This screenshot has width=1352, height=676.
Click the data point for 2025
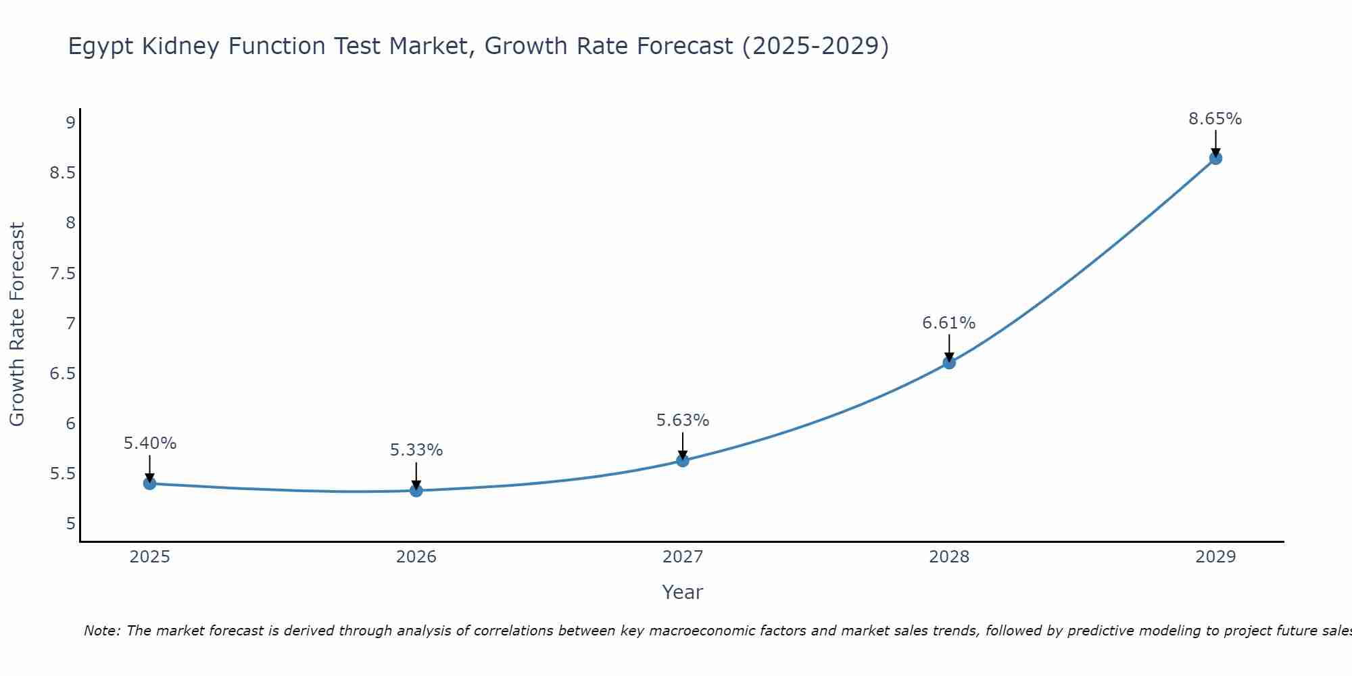(150, 483)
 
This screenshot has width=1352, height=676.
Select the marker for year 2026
(416, 490)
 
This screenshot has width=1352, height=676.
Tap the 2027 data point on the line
(683, 460)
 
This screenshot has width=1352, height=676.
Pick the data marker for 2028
(949, 362)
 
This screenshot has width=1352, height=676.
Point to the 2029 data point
(1215, 158)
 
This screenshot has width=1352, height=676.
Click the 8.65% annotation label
(1215, 119)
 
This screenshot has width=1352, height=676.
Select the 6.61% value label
(948, 323)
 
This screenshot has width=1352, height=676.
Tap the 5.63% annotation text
(682, 420)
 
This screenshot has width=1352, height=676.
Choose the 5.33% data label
(416, 450)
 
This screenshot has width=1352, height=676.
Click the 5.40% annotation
(149, 443)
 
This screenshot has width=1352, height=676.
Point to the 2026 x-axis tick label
(416, 557)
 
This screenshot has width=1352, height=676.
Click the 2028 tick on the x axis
(949, 557)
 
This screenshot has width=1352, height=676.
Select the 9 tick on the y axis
(70, 122)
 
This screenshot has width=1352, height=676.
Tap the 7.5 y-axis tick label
(62, 273)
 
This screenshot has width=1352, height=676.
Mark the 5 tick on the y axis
(70, 523)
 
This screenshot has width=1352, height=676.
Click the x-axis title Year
(682, 592)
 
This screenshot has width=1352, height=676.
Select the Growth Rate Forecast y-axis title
(17, 324)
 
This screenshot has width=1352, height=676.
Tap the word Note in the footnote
(101, 631)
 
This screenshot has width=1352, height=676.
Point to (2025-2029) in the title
(815, 46)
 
